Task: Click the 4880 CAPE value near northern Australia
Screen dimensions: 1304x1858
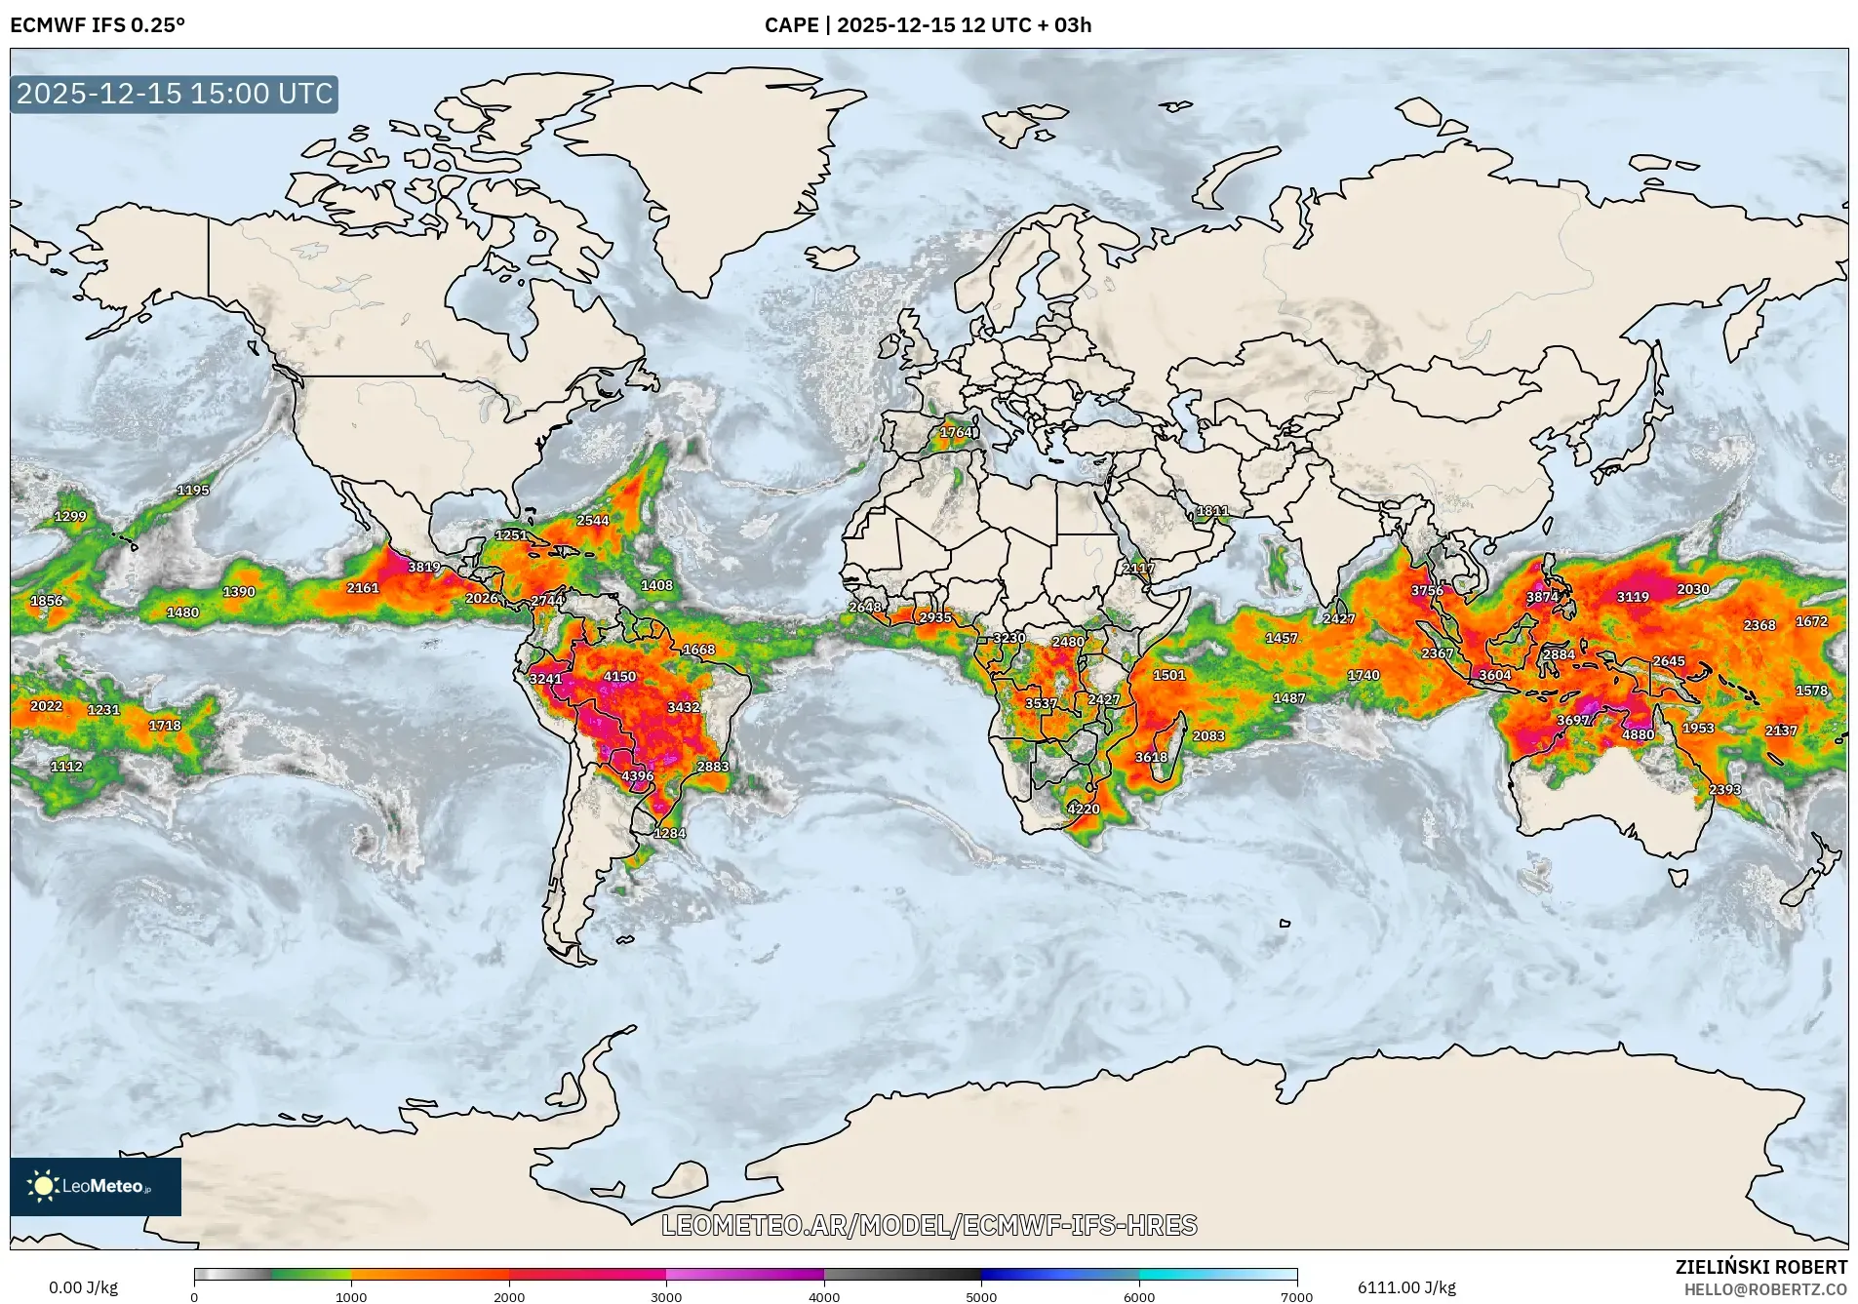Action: click(1638, 734)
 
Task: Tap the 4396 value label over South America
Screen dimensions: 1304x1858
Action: click(638, 776)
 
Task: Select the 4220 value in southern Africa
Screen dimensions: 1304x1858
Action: click(1083, 809)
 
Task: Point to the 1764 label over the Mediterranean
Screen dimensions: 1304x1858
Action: click(956, 432)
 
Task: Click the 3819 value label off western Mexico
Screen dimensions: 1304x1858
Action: click(423, 567)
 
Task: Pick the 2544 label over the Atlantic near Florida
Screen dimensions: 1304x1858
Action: click(592, 521)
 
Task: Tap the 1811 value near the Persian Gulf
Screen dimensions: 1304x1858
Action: click(1212, 511)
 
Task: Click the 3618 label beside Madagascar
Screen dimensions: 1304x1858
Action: click(1151, 757)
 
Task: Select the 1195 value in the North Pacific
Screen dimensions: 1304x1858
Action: click(192, 490)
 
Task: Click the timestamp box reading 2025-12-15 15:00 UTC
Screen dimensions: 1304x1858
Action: click(175, 94)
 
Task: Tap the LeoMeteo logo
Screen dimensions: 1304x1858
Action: click(95, 1186)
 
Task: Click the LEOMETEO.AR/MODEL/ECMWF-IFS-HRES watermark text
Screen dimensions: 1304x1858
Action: click(929, 1225)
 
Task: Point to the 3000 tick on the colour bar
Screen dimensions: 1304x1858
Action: click(666, 1295)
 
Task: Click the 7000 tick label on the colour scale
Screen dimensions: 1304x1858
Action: click(1296, 1296)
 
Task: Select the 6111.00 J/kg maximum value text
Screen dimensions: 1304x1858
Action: click(1405, 1287)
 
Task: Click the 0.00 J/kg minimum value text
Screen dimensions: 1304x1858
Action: click(83, 1287)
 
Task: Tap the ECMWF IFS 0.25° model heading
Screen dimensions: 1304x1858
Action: click(98, 24)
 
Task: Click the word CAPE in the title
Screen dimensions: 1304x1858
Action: click(791, 24)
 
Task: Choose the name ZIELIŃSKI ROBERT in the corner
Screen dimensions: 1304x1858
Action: click(1760, 1267)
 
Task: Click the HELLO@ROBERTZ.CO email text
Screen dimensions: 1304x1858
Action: click(1765, 1289)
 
